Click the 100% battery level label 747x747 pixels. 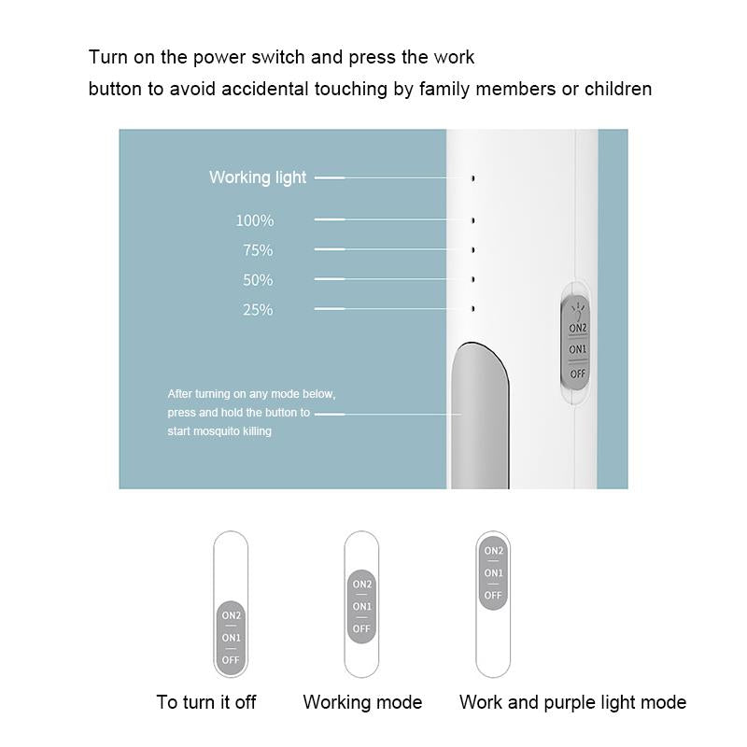click(x=255, y=220)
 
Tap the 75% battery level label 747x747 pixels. click(x=258, y=250)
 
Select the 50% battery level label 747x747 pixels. click(x=258, y=279)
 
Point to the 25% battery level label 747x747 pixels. click(x=258, y=310)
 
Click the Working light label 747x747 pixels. click(x=258, y=177)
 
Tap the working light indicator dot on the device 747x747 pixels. click(x=473, y=178)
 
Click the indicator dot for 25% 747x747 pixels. click(x=473, y=309)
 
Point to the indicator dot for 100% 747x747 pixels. click(x=473, y=220)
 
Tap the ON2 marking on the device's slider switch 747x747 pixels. click(x=578, y=328)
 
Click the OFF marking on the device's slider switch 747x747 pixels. click(x=577, y=374)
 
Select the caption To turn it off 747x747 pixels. click(x=206, y=702)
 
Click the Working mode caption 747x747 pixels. click(x=362, y=703)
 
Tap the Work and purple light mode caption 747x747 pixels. click(x=572, y=703)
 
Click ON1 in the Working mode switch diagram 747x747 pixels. click(x=361, y=606)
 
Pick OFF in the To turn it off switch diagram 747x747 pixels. click(x=231, y=660)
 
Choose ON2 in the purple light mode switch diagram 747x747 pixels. click(x=494, y=551)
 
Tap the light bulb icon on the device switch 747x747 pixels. click(x=577, y=311)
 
